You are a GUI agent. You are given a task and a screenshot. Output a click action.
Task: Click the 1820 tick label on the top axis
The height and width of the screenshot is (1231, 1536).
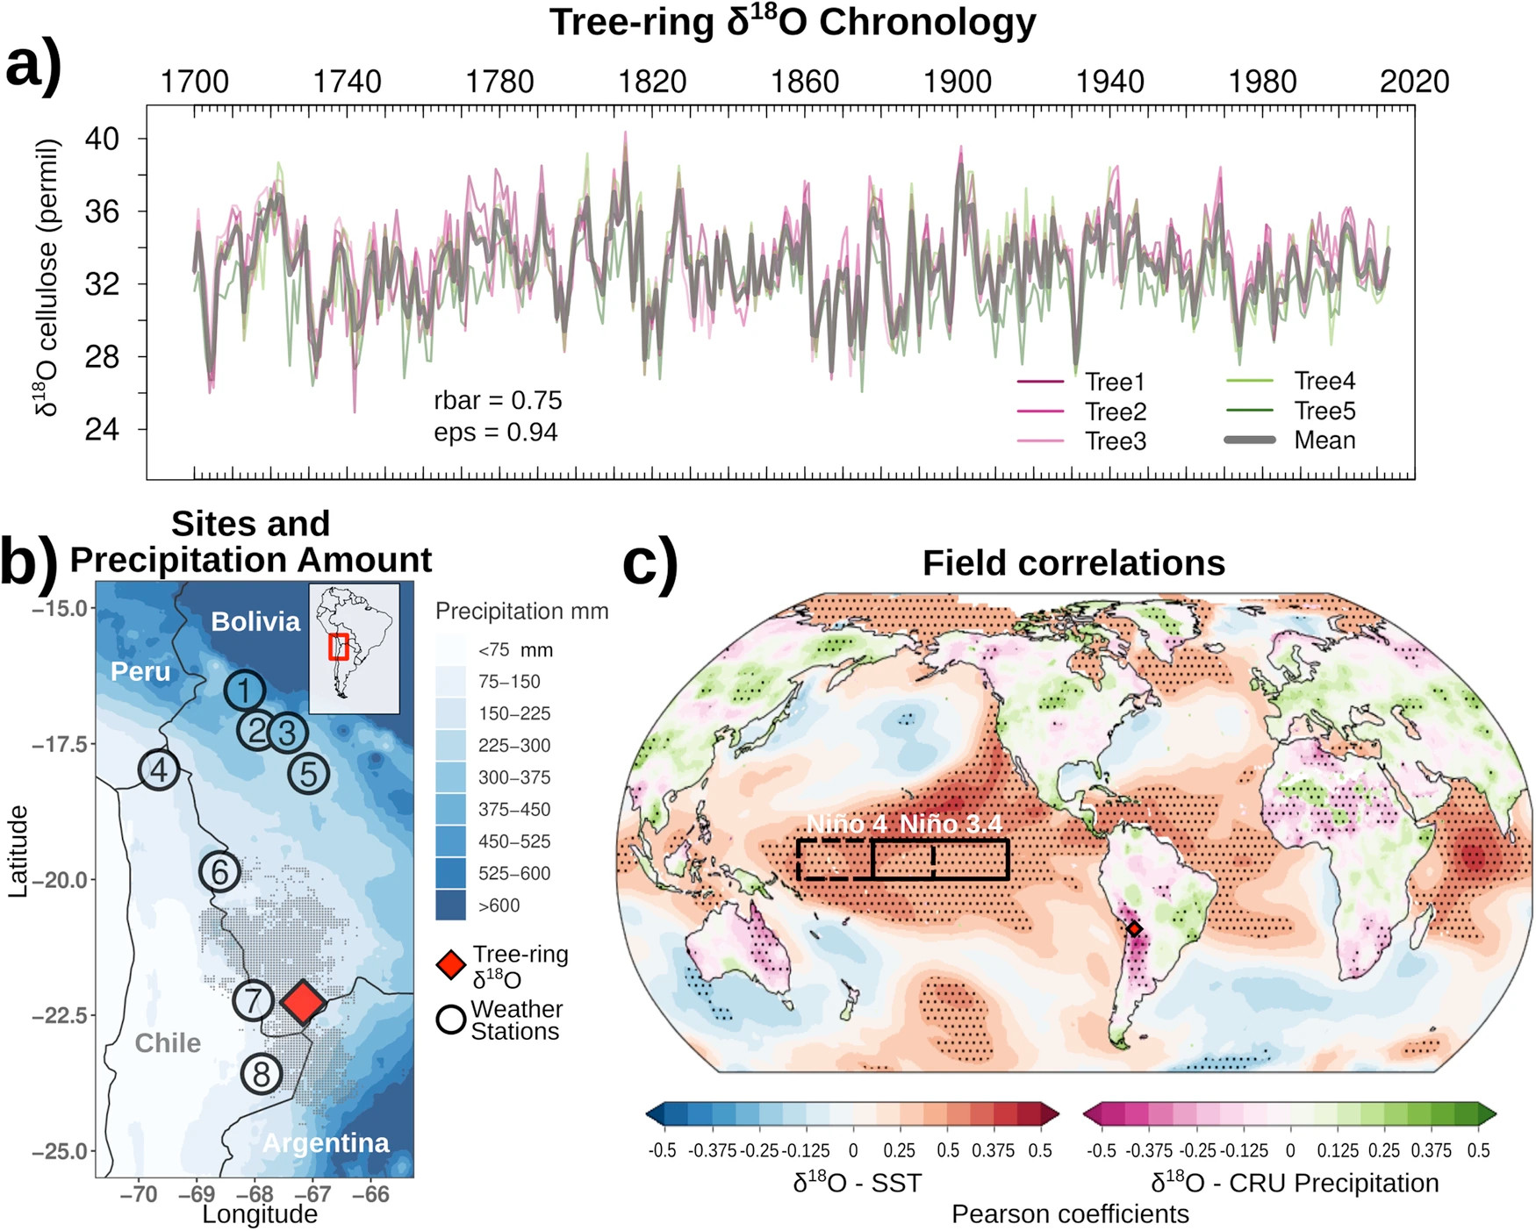[651, 82]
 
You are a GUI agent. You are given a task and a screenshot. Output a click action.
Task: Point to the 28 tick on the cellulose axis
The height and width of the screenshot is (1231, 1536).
[102, 357]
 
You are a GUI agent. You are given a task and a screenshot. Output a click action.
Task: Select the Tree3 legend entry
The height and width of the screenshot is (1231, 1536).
[1115, 440]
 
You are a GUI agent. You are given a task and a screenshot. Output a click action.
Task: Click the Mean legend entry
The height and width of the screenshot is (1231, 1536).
[1324, 440]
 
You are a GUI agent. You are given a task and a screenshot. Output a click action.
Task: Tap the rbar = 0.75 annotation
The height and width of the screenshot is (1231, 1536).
[498, 400]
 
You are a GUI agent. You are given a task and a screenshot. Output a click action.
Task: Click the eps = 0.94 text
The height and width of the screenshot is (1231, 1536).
[496, 432]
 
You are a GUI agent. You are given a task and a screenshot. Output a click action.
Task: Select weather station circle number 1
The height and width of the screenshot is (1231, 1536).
[245, 691]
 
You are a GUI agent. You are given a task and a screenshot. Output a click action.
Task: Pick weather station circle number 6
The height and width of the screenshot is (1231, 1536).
[219, 872]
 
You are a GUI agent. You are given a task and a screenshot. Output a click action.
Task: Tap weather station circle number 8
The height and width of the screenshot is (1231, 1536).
[262, 1073]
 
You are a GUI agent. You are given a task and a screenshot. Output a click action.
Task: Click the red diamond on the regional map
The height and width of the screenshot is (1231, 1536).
[303, 1002]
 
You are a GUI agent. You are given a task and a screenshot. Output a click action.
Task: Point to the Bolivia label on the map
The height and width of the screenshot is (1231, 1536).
[255, 621]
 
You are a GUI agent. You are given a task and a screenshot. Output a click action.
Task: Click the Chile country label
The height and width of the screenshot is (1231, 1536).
[168, 1042]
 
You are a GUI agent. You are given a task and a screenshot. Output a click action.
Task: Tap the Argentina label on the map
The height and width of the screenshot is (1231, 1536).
[326, 1142]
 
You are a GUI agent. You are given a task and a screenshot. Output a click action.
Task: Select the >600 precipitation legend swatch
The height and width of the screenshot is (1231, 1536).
[450, 905]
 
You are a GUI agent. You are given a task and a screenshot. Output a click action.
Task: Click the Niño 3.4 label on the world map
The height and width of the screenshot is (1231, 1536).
[951, 823]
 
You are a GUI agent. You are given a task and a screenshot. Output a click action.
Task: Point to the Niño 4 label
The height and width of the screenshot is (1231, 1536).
[846, 823]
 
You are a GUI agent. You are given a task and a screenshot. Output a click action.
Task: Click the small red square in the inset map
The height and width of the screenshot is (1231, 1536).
[339, 647]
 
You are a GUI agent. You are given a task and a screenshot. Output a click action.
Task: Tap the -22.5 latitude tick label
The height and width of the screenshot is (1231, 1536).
[60, 1015]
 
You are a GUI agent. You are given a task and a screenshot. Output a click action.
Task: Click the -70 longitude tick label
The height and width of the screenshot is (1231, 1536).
[138, 1193]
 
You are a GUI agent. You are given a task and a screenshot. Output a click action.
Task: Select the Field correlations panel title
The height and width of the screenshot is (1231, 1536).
[1073, 562]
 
